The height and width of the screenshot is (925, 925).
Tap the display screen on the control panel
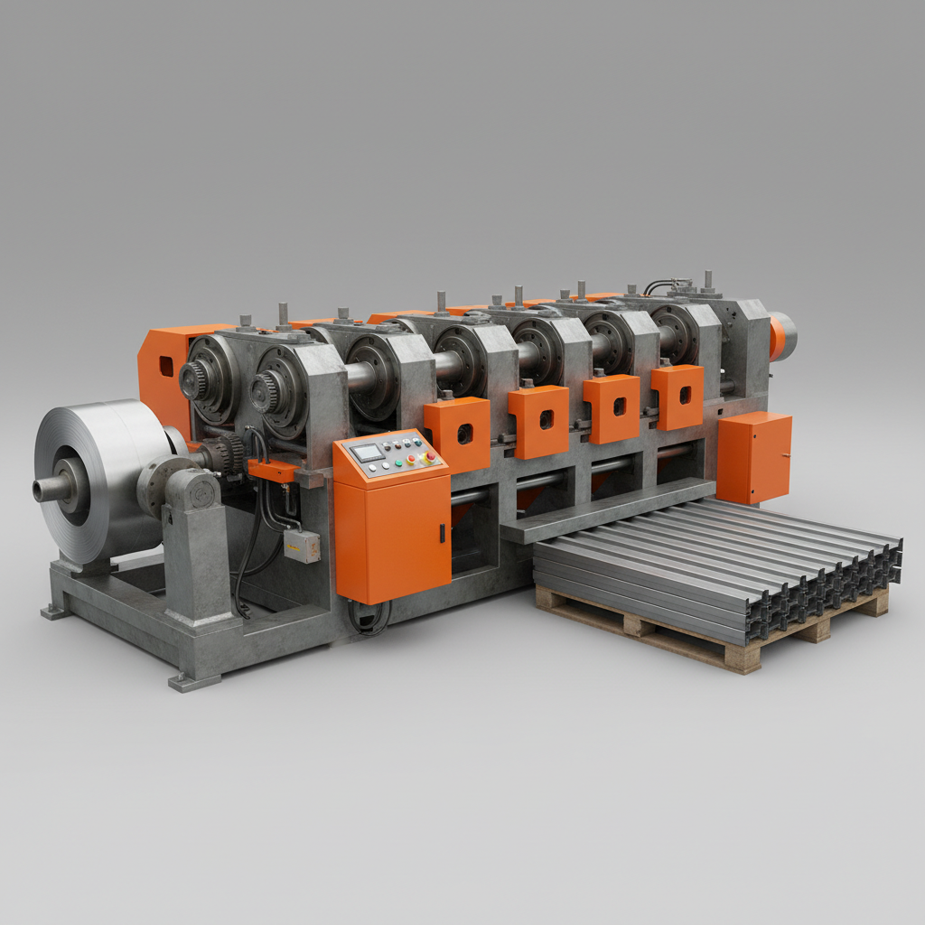click(369, 453)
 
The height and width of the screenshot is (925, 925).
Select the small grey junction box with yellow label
click(302, 546)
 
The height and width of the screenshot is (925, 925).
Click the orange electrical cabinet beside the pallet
click(753, 457)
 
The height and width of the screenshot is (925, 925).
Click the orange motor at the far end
click(780, 336)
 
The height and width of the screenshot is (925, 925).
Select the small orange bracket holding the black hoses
click(271, 471)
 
